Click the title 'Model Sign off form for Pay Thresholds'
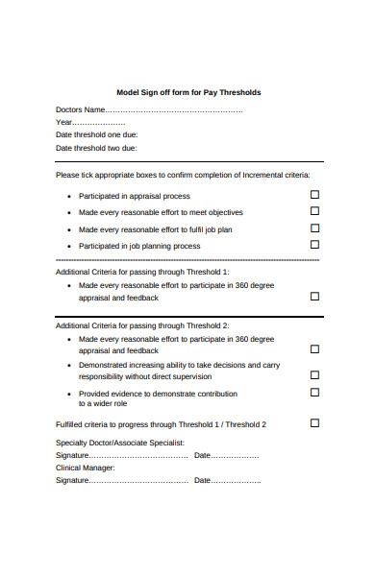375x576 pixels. [x=188, y=92]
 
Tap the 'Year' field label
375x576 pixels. [x=64, y=122]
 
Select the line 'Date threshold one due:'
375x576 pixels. [x=96, y=135]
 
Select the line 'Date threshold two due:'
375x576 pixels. [x=96, y=149]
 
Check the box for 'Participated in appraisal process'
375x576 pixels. [x=314, y=194]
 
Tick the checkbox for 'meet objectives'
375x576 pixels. [x=314, y=211]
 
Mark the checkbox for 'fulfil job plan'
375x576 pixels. [x=314, y=228]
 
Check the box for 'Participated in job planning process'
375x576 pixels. [x=314, y=245]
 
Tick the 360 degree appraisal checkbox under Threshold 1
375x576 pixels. [x=314, y=297]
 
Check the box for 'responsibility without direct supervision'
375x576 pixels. [x=314, y=375]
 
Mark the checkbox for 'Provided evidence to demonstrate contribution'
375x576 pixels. [x=314, y=392]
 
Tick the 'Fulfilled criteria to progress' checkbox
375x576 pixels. [x=314, y=422]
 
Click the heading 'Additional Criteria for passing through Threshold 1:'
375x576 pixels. [x=142, y=272]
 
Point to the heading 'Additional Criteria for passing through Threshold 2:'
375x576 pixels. [x=142, y=325]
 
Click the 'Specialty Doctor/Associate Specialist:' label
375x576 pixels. [x=119, y=442]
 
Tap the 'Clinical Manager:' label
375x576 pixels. [x=86, y=468]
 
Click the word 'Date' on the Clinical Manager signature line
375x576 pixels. [x=202, y=480]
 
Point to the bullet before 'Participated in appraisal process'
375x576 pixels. [x=69, y=196]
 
